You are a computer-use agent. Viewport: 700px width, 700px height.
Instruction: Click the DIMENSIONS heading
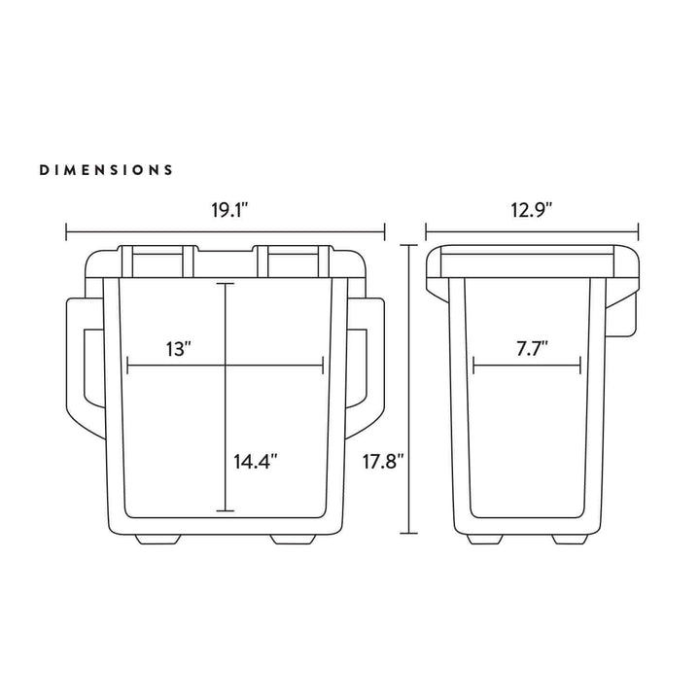click(x=107, y=170)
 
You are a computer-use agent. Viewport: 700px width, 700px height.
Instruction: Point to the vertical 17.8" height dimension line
click(x=409, y=389)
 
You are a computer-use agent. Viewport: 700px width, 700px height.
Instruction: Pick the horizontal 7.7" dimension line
click(x=527, y=367)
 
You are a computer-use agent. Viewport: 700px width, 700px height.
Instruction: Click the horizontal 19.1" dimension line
click(x=225, y=231)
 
